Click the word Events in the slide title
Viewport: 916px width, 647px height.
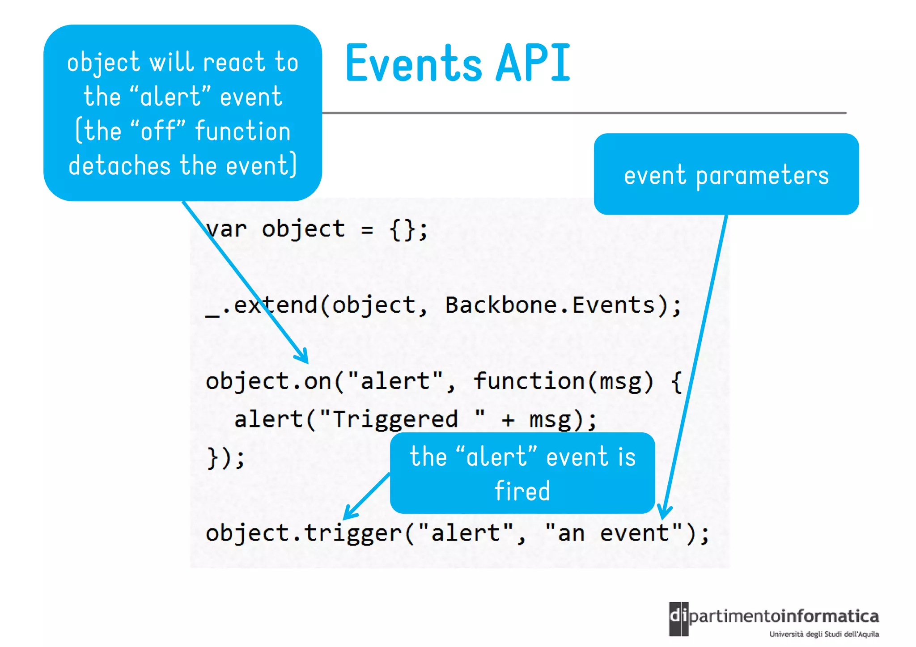414,64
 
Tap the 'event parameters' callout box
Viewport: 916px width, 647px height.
726,174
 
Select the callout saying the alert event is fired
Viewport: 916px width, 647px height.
522,473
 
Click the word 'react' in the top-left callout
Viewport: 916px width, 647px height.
234,62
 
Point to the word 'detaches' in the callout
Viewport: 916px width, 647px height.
119,165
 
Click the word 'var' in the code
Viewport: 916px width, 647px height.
226,229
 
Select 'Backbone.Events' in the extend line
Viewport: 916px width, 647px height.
550,305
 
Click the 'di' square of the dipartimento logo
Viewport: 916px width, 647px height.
679,618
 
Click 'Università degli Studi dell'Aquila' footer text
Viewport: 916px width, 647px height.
824,634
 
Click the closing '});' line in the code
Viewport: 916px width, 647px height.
226,457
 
